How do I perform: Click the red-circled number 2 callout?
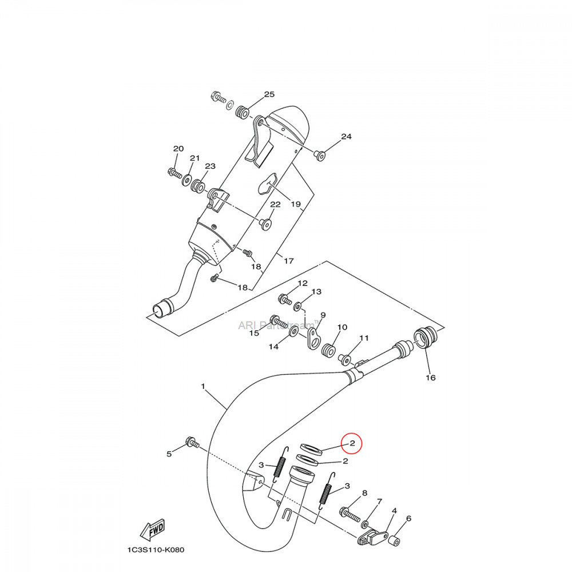coord(352,443)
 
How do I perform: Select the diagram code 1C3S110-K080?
coord(156,550)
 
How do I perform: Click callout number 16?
coord(430,378)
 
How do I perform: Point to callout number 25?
coord(269,94)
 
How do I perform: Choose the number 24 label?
coord(346,137)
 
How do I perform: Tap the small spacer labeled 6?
coord(394,539)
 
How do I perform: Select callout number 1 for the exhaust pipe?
coord(203,387)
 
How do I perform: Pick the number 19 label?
coord(295,204)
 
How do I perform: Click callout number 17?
coord(288,261)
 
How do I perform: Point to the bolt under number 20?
coord(174,172)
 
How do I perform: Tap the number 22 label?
coord(275,204)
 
